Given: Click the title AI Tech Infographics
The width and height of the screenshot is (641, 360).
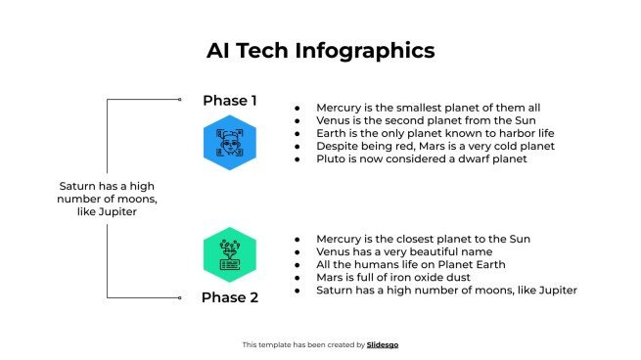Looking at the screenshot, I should [320, 50].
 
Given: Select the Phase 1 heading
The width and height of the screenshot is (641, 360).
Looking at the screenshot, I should [230, 100].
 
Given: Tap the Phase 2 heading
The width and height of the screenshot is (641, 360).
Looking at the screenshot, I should [230, 297].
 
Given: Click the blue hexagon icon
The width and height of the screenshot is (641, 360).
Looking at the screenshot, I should [230, 143].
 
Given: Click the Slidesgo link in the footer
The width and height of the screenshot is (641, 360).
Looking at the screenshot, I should [384, 344].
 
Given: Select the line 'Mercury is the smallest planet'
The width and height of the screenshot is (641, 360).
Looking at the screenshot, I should [428, 108].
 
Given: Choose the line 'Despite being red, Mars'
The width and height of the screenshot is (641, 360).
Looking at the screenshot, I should [435, 146].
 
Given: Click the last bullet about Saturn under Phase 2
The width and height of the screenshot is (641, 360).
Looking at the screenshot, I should [446, 290].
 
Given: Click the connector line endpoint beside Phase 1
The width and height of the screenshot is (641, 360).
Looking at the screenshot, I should [180, 99].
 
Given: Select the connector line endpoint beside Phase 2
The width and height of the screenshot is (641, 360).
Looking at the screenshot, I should [180, 297].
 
